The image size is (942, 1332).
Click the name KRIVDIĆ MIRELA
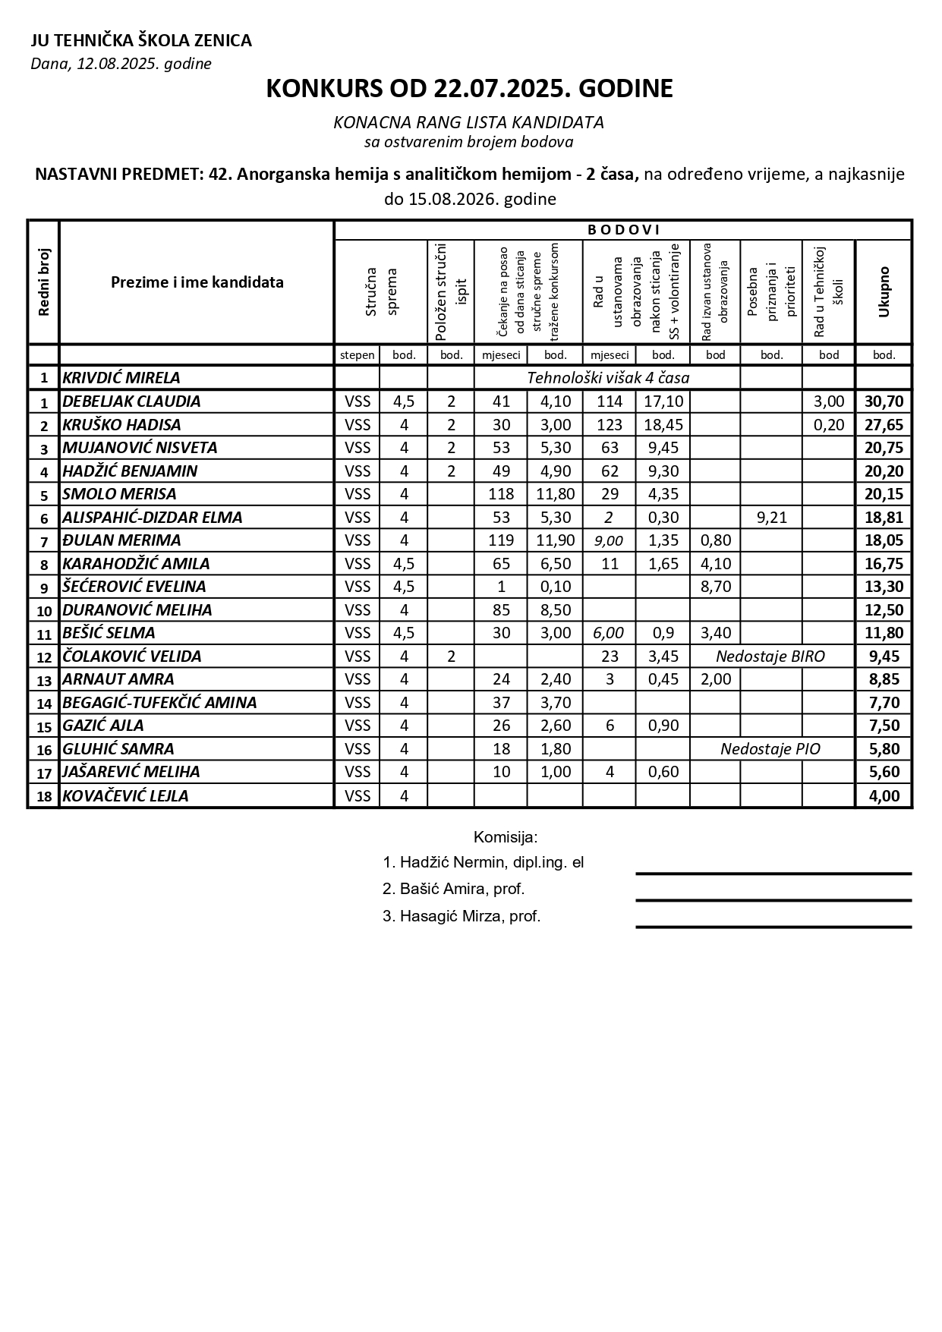[x=121, y=378]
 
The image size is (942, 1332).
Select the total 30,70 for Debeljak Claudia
[x=884, y=401]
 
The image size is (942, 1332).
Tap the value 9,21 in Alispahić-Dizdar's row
[x=771, y=518]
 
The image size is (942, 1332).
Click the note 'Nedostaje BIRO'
[x=770, y=657]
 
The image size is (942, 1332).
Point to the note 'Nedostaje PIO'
[x=770, y=749]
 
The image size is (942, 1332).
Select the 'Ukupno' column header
[x=884, y=292]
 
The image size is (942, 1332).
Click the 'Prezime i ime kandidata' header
[x=197, y=282]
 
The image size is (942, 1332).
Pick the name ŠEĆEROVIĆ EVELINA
[x=134, y=587]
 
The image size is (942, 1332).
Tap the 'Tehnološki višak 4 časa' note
[x=607, y=378]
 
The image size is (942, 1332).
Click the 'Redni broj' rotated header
[x=43, y=282]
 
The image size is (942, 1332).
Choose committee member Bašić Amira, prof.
[x=454, y=889]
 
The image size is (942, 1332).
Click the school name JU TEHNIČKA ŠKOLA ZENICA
[x=141, y=41]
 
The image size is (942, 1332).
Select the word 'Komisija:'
[x=506, y=838]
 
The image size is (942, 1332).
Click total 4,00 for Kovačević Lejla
[x=884, y=796]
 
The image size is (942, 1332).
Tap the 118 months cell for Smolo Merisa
[x=501, y=494]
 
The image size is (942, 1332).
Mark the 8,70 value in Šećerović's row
[x=715, y=587]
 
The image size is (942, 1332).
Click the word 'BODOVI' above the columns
[x=623, y=230]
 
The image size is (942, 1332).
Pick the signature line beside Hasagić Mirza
[x=773, y=927]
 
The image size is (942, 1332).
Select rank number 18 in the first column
[x=44, y=796]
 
